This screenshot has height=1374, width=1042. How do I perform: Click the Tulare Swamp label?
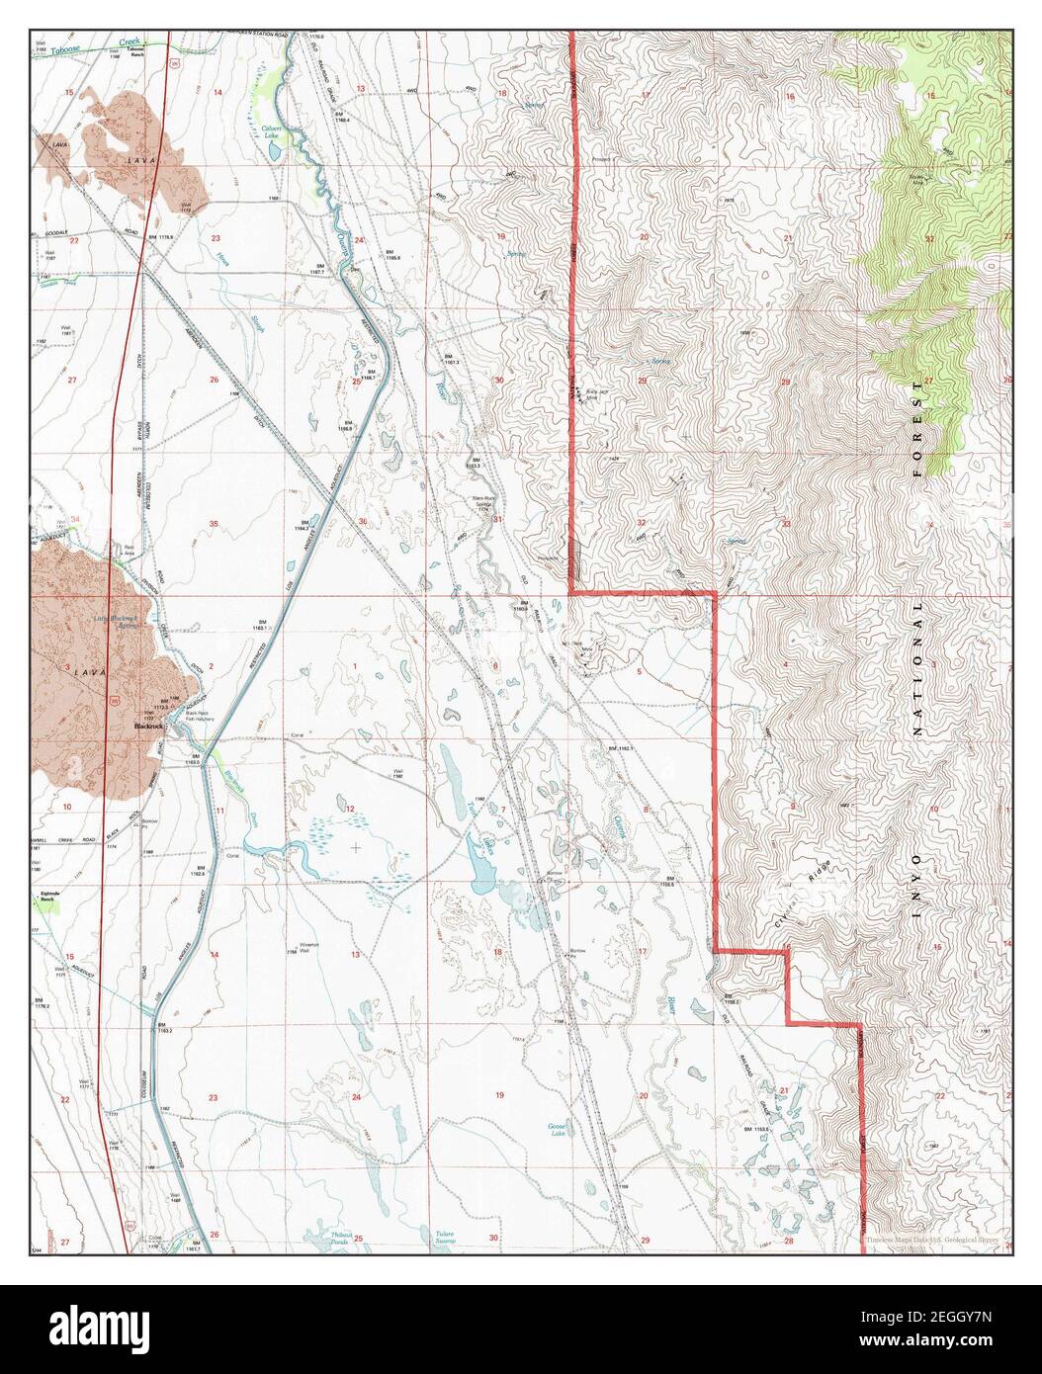pos(448,1237)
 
